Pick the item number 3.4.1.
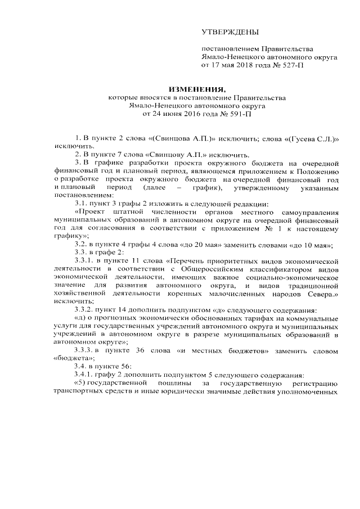pyautogui.click(x=86, y=375)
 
